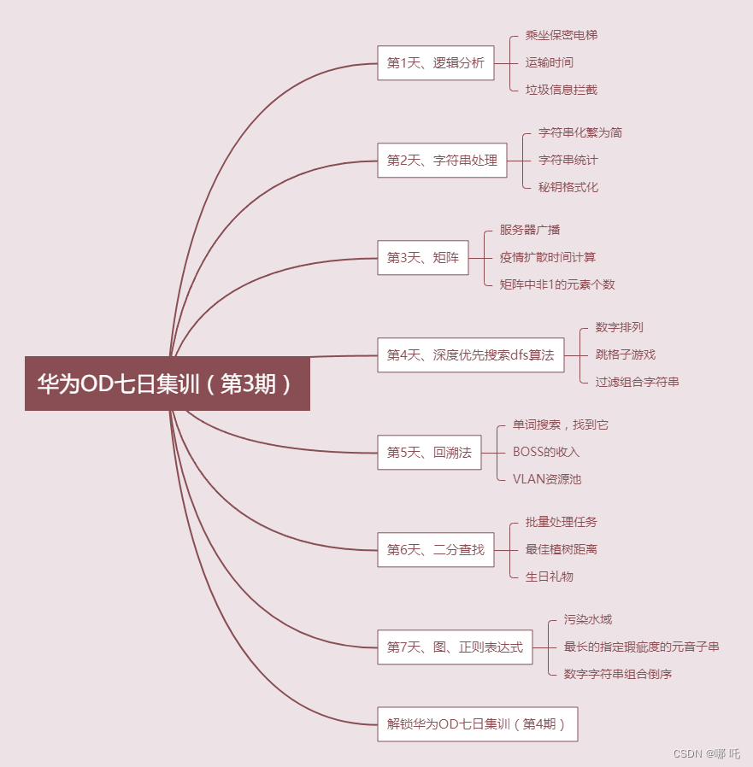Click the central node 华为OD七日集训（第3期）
click(x=167, y=383)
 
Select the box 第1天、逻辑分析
click(x=435, y=63)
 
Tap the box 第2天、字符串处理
click(x=442, y=161)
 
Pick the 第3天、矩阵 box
click(x=422, y=258)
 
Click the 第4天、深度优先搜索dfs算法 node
click(x=470, y=355)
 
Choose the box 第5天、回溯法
click(x=429, y=453)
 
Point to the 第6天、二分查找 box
click(x=435, y=550)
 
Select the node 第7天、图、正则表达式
click(x=455, y=647)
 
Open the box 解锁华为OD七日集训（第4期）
click(x=477, y=724)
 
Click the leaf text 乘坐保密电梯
click(x=561, y=36)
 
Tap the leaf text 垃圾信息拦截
click(x=561, y=91)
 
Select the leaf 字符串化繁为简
click(x=579, y=133)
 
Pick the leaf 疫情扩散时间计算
click(x=548, y=258)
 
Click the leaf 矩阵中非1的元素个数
click(x=557, y=285)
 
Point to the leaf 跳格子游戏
click(x=625, y=355)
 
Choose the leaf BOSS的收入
click(x=545, y=453)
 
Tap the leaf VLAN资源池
click(x=546, y=480)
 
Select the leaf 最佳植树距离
click(x=561, y=550)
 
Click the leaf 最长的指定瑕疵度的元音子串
click(x=641, y=647)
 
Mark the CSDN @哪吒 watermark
click(x=706, y=754)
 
